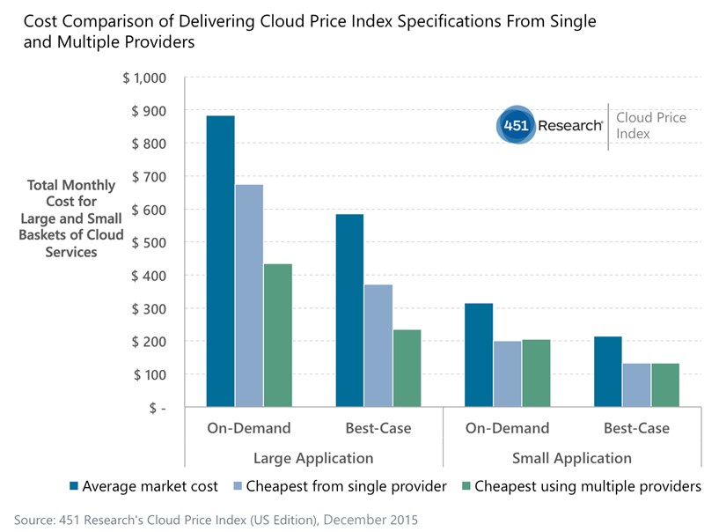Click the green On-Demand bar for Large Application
(278, 336)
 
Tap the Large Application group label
(313, 458)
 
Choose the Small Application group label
(572, 458)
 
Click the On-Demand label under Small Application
(507, 429)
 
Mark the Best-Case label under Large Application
(378, 429)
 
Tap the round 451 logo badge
(513, 126)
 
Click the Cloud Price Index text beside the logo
(650, 126)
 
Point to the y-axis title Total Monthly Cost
(71, 218)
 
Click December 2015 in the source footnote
(370, 520)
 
